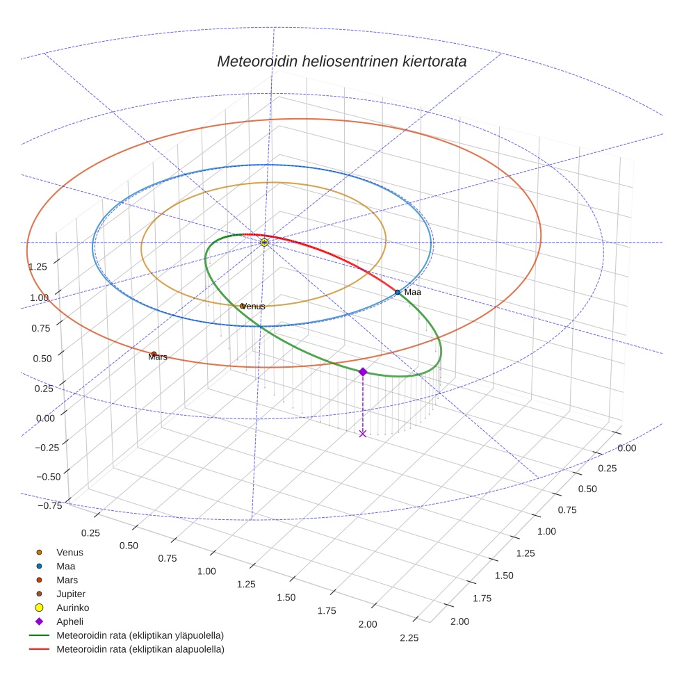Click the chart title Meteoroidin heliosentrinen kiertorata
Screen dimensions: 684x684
(x=341, y=61)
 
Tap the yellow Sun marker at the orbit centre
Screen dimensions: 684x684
(x=264, y=242)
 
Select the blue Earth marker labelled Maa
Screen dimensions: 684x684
(x=398, y=292)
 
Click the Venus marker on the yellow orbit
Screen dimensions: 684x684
(x=242, y=306)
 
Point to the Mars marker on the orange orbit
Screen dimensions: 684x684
(x=154, y=354)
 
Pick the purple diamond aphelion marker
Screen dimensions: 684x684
(x=362, y=372)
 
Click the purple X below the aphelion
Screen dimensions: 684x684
(x=362, y=433)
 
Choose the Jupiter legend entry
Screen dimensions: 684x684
(x=70, y=594)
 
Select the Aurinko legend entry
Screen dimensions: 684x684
(x=72, y=608)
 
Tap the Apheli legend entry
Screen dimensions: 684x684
(x=70, y=621)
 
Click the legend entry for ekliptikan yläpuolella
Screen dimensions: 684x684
(x=140, y=635)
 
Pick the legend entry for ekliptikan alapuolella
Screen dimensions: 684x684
(x=140, y=649)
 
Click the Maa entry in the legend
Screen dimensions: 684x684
(x=65, y=566)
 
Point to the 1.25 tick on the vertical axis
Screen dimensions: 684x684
(x=38, y=266)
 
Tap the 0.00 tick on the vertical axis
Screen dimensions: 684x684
(x=45, y=418)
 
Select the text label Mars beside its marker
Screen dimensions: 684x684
(x=158, y=357)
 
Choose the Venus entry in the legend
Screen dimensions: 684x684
(x=70, y=552)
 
